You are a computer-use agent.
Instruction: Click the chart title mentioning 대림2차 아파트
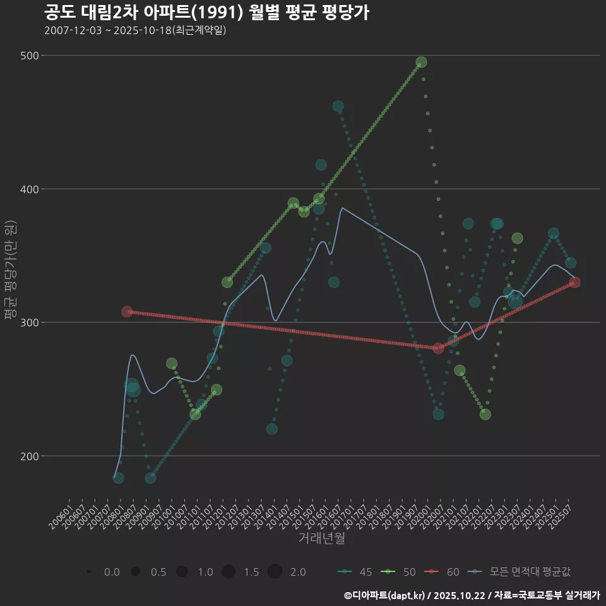point(206,12)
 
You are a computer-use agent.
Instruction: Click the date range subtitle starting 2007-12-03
point(135,30)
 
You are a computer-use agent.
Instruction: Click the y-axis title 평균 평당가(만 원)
point(10,270)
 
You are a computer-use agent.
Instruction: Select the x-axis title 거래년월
point(321,538)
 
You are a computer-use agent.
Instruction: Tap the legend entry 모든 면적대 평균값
point(521,572)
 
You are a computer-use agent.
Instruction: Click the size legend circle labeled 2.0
point(275,572)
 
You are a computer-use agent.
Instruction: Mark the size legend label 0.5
point(158,572)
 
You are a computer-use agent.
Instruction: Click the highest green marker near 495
point(421,62)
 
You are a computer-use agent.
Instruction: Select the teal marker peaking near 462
point(338,106)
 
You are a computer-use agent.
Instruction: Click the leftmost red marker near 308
point(127,312)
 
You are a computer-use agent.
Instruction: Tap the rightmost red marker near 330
point(574,282)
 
